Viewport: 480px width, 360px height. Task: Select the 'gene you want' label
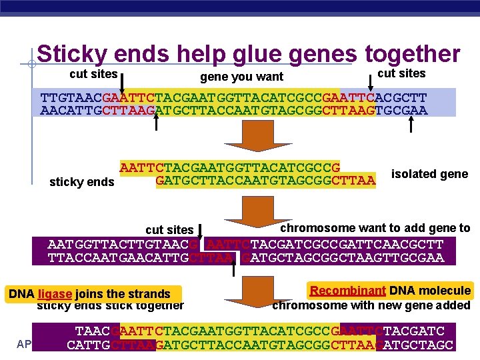pyautogui.click(x=241, y=77)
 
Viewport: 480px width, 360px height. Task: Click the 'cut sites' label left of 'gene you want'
pyautogui.click(x=93, y=74)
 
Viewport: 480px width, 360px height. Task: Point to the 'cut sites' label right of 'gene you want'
pyautogui.click(x=401, y=73)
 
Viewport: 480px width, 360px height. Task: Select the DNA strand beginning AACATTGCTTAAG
pyautogui.click(x=234, y=111)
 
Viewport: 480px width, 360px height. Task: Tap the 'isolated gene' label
pyautogui.click(x=429, y=174)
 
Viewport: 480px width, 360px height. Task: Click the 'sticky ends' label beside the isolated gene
pyautogui.click(x=82, y=182)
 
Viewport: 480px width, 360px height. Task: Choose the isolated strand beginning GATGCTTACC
pyautogui.click(x=265, y=179)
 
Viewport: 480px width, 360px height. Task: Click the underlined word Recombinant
pyautogui.click(x=347, y=290)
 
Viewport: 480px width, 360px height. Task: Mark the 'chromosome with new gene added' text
pyautogui.click(x=371, y=305)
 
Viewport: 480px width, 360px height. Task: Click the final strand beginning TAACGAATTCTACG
pyautogui.click(x=260, y=331)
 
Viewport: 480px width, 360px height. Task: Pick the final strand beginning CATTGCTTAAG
pyautogui.click(x=260, y=345)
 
